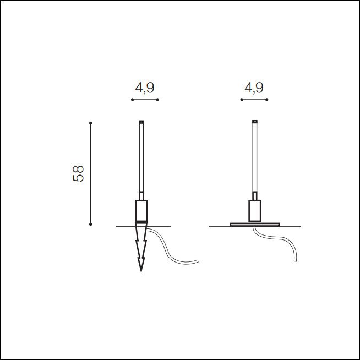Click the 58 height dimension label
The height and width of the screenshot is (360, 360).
[x=78, y=173]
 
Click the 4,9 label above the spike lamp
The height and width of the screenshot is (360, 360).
[x=145, y=88]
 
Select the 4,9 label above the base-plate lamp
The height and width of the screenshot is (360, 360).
[x=254, y=88]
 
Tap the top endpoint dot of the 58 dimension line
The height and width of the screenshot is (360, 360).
[x=91, y=123]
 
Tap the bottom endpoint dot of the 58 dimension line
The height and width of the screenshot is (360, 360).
[x=91, y=224]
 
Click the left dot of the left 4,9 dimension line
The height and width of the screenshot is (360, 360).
[x=132, y=100]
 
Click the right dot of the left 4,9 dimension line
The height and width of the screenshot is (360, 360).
[x=157, y=100]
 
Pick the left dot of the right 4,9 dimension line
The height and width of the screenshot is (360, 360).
[x=242, y=100]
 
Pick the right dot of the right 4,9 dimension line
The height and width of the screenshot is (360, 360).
[x=267, y=100]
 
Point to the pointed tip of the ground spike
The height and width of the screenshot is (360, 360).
[x=141, y=272]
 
